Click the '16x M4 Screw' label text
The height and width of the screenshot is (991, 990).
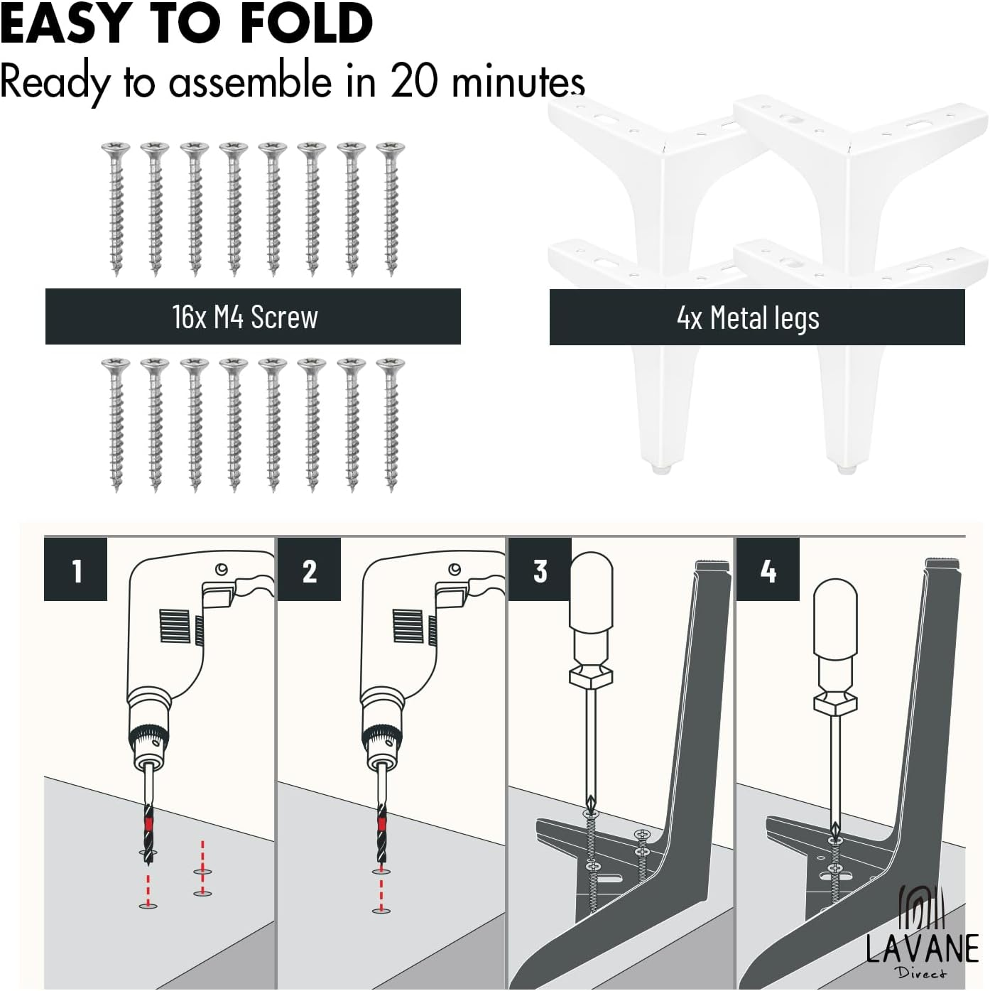245,317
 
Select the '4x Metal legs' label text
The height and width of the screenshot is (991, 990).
749,318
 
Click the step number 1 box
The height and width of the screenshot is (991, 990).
75,569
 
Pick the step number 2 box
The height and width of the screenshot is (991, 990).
308,569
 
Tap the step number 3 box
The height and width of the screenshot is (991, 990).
540,569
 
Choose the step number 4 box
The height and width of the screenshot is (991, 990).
768,569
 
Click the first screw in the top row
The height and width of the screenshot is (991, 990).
116,209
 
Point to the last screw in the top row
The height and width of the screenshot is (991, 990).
391,209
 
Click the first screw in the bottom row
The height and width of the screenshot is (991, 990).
116,426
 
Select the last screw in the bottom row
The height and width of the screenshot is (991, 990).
391,426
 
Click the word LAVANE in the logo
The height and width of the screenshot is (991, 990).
922,948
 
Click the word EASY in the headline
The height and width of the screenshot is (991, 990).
63,23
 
